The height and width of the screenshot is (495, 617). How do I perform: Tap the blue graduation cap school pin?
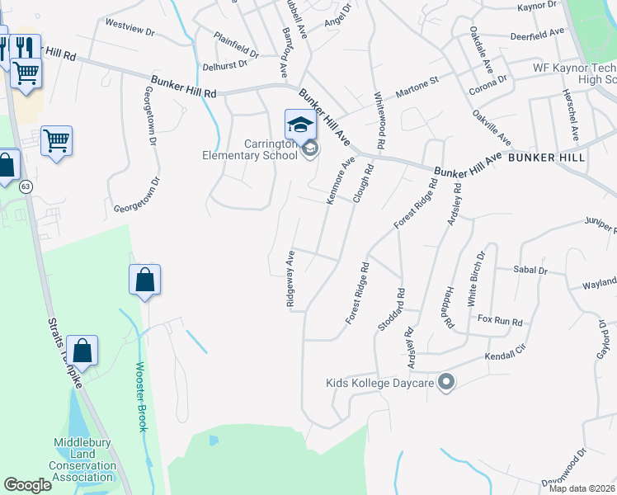[300, 125]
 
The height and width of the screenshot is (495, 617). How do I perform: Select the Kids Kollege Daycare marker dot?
[447, 382]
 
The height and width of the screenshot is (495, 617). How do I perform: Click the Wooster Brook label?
[140, 395]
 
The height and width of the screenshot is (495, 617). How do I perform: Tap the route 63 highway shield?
[26, 187]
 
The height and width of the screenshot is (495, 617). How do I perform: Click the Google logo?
[27, 485]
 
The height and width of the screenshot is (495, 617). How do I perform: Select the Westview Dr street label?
[130, 31]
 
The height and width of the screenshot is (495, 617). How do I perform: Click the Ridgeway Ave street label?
[290, 279]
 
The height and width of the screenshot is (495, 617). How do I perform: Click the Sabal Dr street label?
[530, 270]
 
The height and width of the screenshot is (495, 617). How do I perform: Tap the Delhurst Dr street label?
[230, 66]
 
